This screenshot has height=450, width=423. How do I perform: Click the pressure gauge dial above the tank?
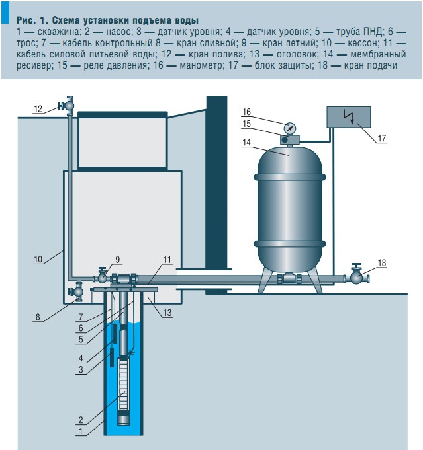(x=289, y=128)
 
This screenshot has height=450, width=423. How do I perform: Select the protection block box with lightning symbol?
(x=348, y=118)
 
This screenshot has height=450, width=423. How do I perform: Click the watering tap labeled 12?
(x=68, y=105)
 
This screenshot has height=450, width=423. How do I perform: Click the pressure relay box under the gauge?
(x=290, y=139)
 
